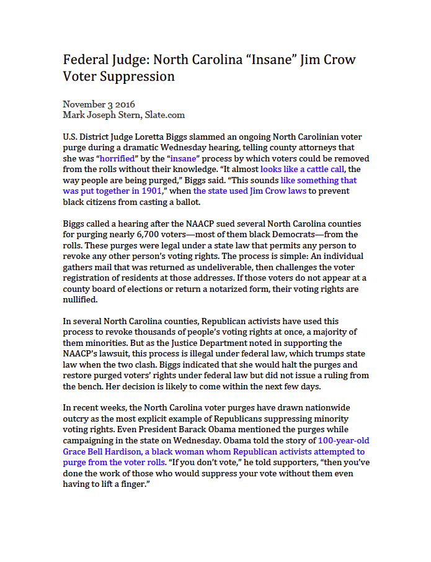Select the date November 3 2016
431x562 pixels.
click(99, 104)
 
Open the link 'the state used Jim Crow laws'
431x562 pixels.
click(250, 191)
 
